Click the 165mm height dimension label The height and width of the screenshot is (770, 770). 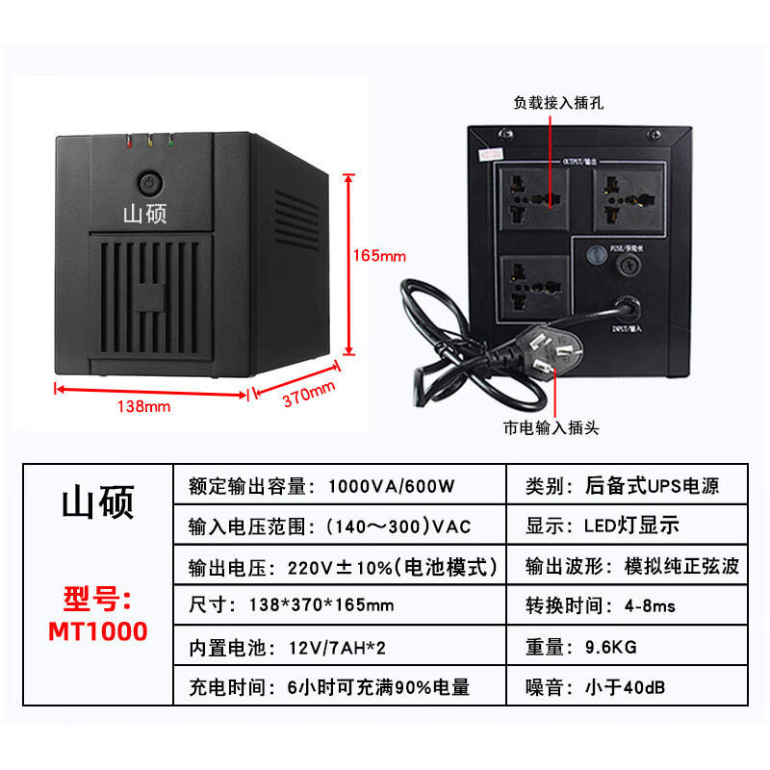click(x=379, y=257)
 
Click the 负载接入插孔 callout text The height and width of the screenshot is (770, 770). click(x=559, y=101)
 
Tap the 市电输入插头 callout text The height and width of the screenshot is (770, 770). click(x=551, y=428)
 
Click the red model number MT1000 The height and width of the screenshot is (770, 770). click(x=98, y=631)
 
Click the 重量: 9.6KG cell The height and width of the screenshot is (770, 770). click(x=580, y=646)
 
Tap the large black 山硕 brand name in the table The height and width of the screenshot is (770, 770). click(x=98, y=502)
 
